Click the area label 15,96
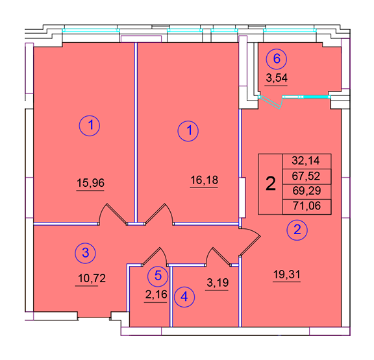pos(91,183)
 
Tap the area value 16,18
pos(204,180)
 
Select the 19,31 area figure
pos(287,274)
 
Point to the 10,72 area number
pos(92,278)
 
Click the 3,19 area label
pos(218,283)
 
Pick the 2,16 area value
pos(156,294)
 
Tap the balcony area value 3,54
pos(277,78)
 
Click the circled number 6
pos(277,58)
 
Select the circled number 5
pos(158,276)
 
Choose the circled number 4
pos(184,297)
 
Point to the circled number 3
pos(86,253)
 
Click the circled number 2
pos(297,230)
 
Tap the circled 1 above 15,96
pos(90,126)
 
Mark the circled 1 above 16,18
pos(188,131)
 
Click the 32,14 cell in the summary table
pos(306,162)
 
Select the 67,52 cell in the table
pos(306,176)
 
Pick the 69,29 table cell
pos(306,191)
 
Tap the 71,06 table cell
pos(306,206)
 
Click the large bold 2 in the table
pos(271,184)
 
